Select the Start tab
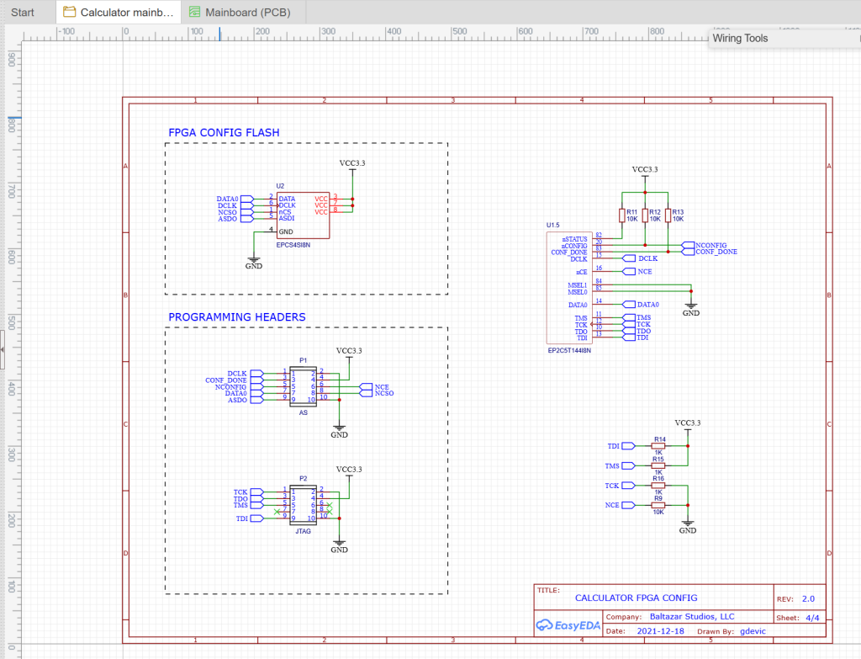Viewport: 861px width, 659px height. point(24,12)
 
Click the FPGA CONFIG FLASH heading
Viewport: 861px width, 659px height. point(224,133)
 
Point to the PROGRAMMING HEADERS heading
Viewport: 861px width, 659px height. point(236,317)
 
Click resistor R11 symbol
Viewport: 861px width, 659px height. point(622,215)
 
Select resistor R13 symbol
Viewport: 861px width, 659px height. point(668,215)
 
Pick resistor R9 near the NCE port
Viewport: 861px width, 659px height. point(658,505)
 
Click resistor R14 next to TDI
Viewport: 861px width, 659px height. point(658,446)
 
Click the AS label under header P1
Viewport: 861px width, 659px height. point(304,413)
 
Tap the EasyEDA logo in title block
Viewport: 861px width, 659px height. point(566,624)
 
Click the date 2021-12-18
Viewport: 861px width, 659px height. point(660,630)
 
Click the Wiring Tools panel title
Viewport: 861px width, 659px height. point(741,38)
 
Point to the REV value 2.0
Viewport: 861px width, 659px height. point(808,599)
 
